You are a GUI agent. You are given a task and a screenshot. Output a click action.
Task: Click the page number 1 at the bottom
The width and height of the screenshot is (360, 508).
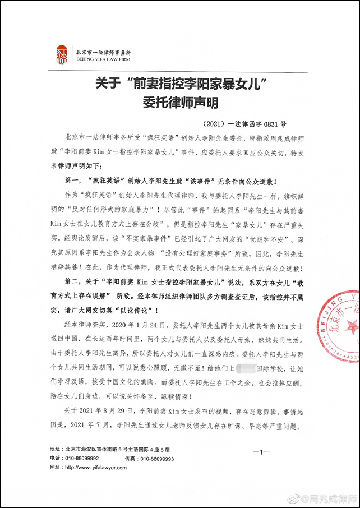[262, 451]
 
